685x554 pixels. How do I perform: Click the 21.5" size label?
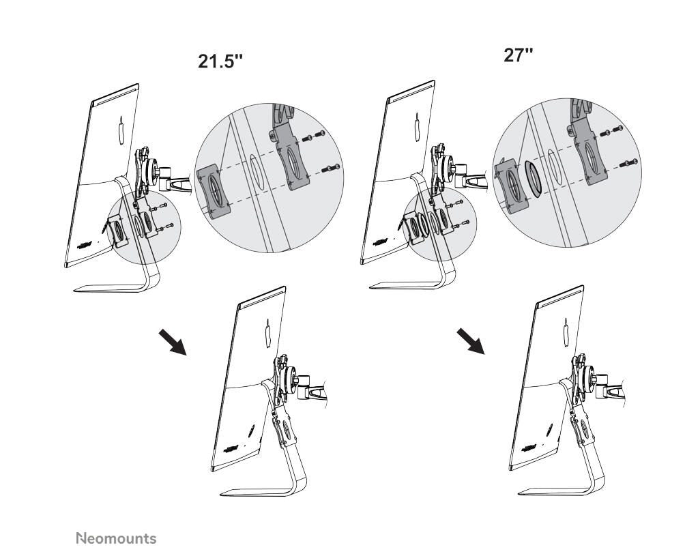click(220, 61)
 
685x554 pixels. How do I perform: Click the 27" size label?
click(518, 56)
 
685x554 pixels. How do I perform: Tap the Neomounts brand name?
click(116, 539)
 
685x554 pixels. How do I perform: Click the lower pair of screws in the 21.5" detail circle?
click(332, 168)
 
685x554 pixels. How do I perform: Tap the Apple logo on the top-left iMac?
click(121, 130)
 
